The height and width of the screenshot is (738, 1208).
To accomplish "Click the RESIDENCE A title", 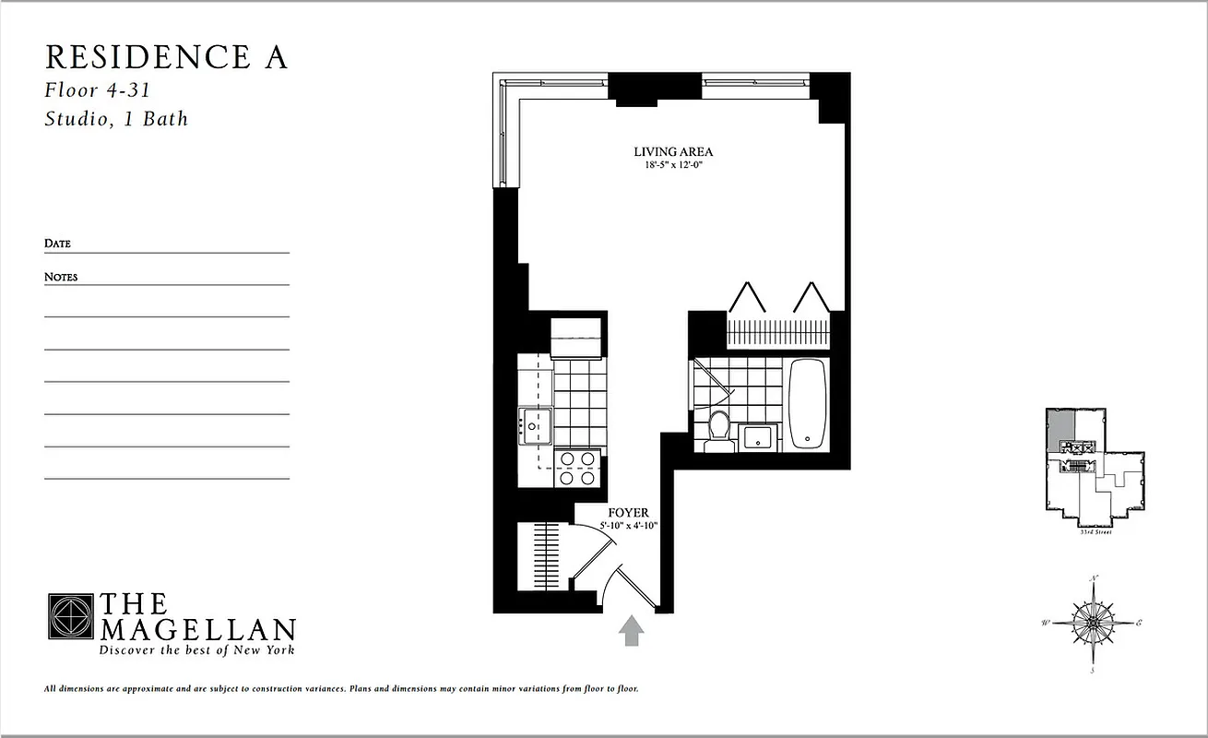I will pos(166,57).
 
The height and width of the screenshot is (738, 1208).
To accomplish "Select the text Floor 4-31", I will pos(97,90).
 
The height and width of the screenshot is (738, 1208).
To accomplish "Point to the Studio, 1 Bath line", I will pos(116,118).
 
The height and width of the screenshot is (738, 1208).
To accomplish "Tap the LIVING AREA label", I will pos(673,152).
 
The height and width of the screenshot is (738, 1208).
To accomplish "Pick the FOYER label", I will pos(628,513).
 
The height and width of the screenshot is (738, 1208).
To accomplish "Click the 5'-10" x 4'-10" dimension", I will pos(628,526).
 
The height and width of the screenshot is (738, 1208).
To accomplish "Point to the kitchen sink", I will pos(535,426).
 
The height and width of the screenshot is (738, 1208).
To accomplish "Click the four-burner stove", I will pos(576,468).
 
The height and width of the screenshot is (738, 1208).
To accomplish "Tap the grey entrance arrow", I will pos(632,631).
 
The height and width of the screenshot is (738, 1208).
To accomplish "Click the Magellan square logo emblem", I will pos(70,616).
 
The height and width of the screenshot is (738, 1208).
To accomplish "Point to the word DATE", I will pos(57,244).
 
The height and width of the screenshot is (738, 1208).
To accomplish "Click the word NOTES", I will pos(61,277).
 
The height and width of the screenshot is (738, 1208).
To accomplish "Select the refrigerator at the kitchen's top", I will pos(576,337).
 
